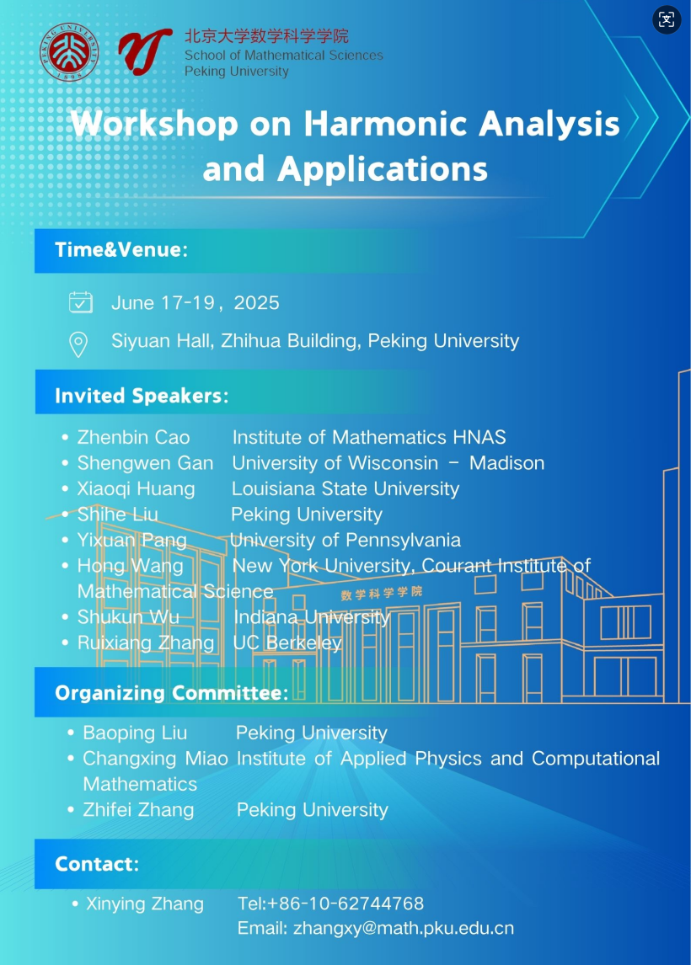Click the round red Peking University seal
(x=70, y=51)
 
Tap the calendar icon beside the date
(x=80, y=302)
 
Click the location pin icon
(x=78, y=343)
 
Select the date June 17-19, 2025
(x=196, y=303)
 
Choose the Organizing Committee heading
(x=171, y=693)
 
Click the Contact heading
(x=96, y=864)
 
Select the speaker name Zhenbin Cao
(x=133, y=437)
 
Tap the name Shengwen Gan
(x=145, y=463)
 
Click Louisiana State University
(x=345, y=489)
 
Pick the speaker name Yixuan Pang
(x=131, y=541)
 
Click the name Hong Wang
(x=130, y=567)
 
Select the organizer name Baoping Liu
(x=135, y=733)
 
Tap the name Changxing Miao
(x=155, y=759)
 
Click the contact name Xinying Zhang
(x=145, y=904)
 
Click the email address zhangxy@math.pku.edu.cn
(x=403, y=929)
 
